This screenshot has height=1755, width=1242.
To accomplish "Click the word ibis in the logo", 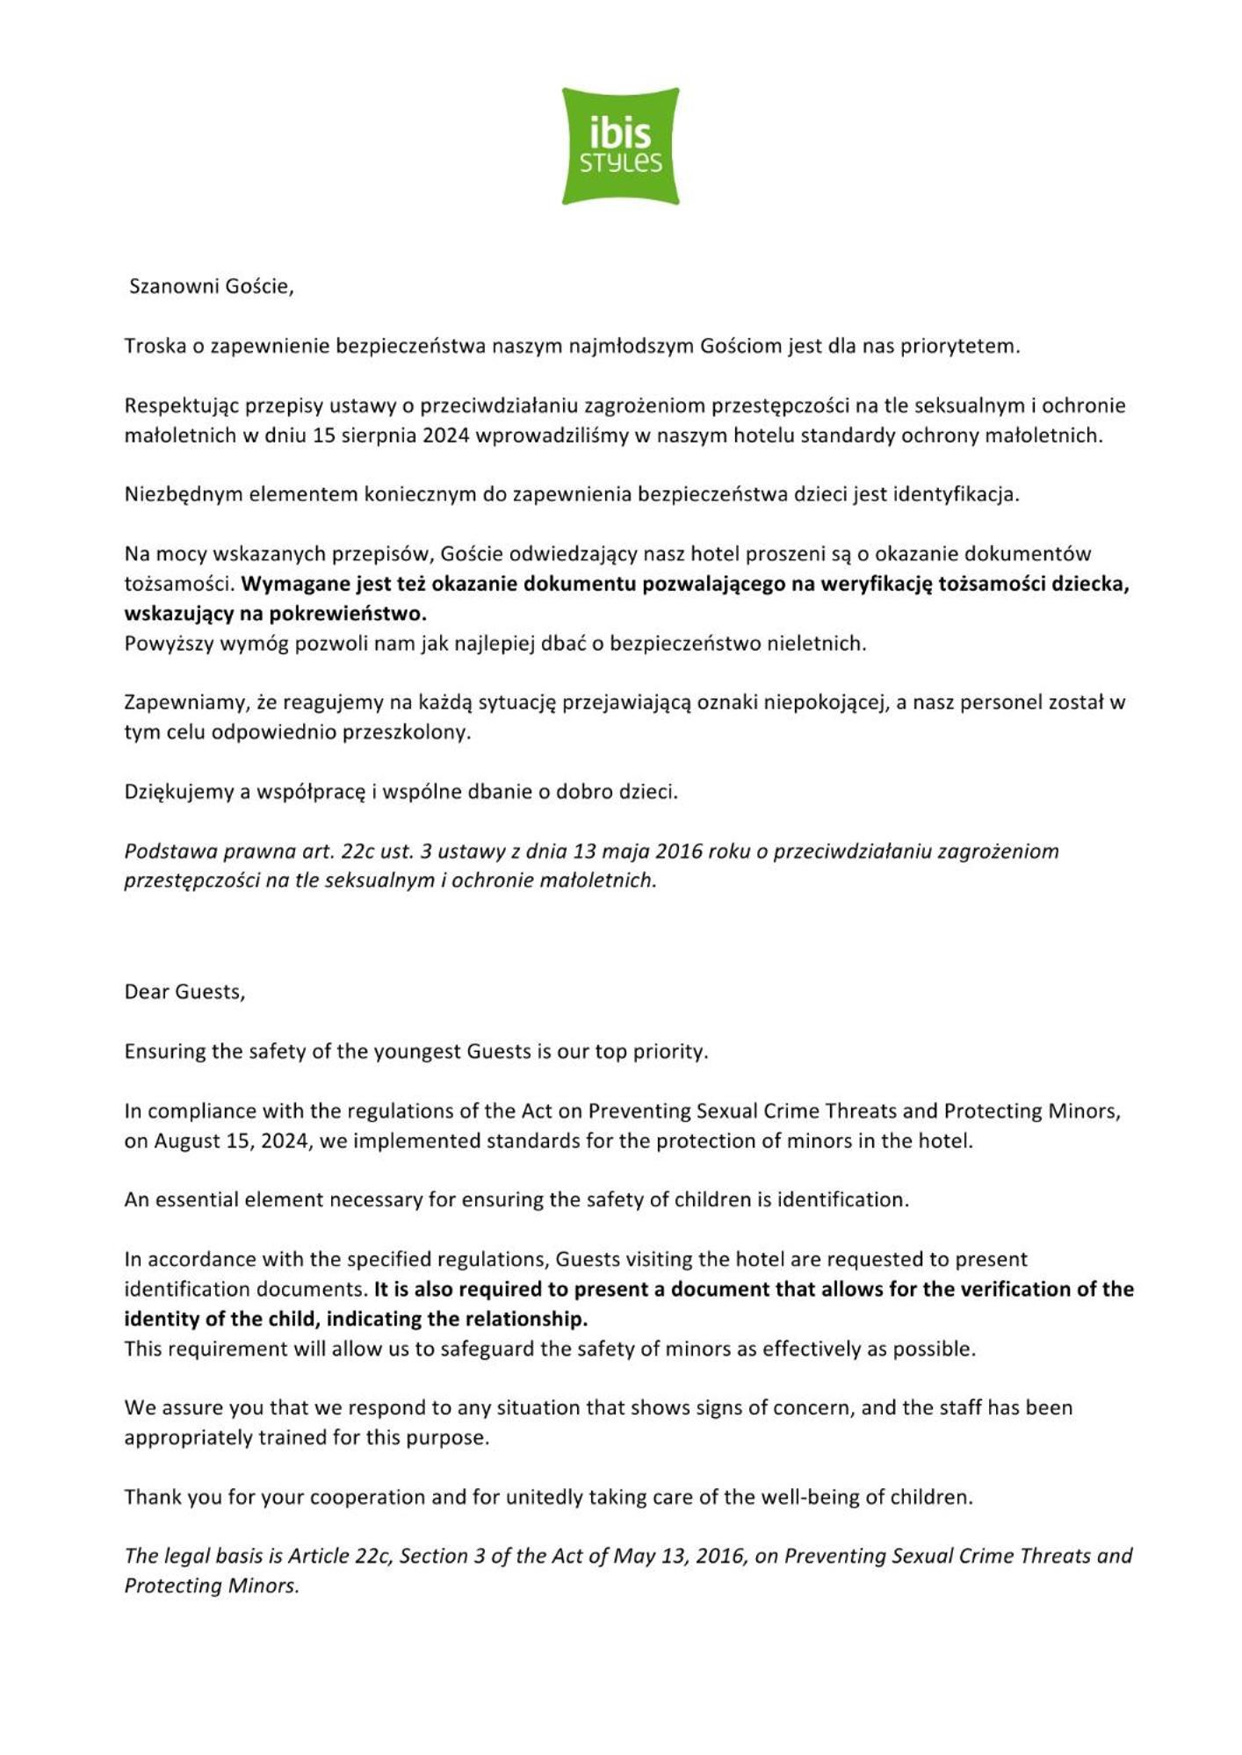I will [x=620, y=133].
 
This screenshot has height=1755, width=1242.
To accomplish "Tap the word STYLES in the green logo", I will [x=620, y=163].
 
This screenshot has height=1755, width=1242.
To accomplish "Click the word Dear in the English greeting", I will [x=147, y=992].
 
